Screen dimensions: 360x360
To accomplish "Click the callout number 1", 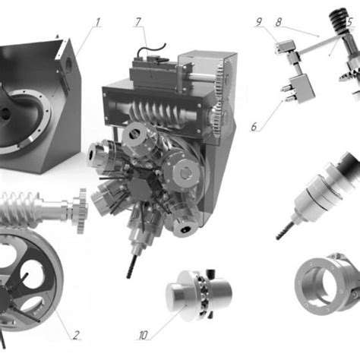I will coord(97,22).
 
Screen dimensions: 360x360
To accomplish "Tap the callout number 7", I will coord(138,22).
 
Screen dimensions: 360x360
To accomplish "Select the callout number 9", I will coord(259,22).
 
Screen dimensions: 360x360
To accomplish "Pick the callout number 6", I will coord(254,127).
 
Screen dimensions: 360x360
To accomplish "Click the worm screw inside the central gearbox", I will coord(159,114).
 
